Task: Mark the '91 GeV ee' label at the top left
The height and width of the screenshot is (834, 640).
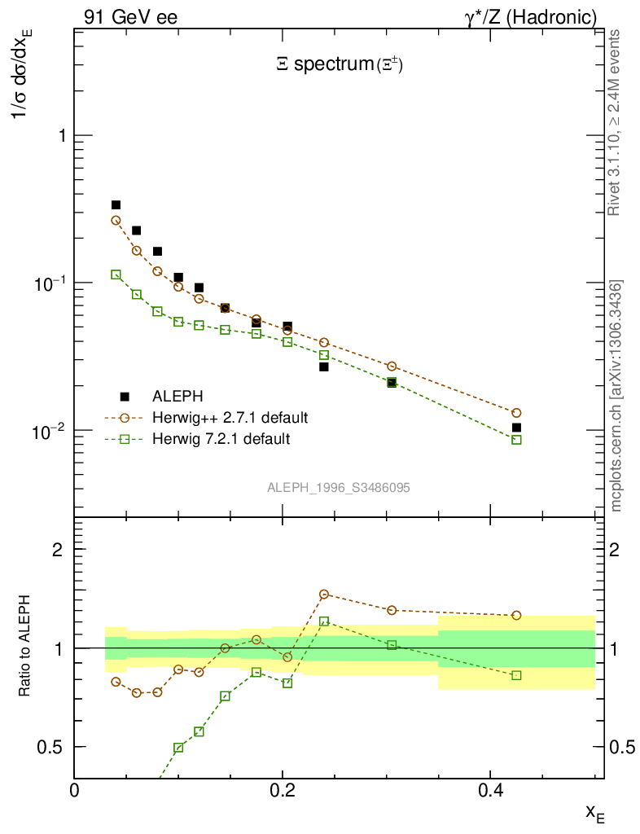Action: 130,16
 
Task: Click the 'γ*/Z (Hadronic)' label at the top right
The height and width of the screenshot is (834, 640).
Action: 530,16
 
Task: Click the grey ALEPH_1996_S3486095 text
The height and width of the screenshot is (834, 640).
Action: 339,488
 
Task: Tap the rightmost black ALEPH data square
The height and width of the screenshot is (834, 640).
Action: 516,428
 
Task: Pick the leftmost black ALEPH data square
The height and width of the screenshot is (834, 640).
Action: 116,205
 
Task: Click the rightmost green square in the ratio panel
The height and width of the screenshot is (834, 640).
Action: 516,675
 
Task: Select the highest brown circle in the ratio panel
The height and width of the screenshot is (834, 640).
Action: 324,595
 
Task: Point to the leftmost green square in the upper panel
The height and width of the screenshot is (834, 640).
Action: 116,274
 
